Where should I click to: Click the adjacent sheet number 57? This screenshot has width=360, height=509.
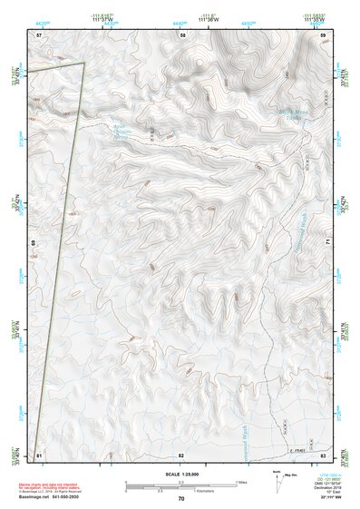39,34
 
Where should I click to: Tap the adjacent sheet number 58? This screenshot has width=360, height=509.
181,34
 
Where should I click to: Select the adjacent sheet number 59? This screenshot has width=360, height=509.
323,34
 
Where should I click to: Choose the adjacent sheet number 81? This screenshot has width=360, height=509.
39,454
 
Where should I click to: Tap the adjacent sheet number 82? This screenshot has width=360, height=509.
181,454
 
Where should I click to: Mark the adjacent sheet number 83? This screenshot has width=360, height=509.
323,454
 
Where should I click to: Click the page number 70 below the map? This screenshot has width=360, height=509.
181,498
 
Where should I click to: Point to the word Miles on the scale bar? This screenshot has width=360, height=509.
240,481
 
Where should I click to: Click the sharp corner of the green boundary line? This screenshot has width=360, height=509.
83,63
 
